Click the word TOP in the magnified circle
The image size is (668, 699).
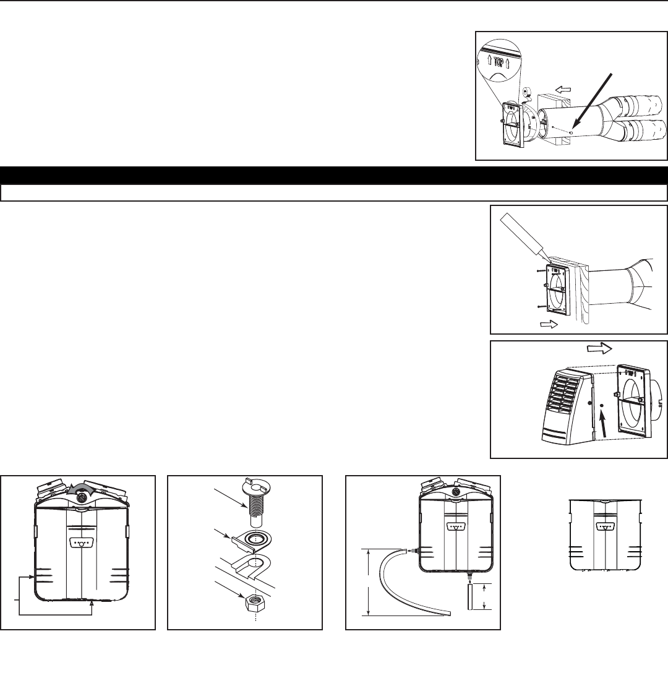click(499, 61)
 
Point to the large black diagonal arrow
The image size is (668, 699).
click(593, 103)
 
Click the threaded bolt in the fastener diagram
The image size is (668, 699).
click(254, 502)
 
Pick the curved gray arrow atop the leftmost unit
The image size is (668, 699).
click(82, 489)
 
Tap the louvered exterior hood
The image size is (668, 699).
click(568, 406)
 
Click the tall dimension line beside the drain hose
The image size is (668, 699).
click(369, 582)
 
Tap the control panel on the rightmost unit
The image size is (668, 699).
click(606, 526)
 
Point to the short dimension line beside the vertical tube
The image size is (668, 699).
click(484, 596)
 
